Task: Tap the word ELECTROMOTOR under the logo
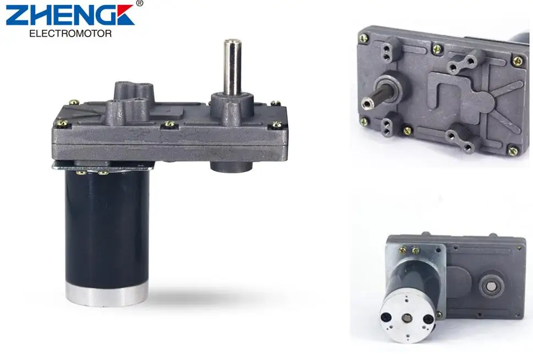[70, 34]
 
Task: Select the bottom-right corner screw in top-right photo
[512, 150]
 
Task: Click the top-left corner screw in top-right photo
[363, 38]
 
